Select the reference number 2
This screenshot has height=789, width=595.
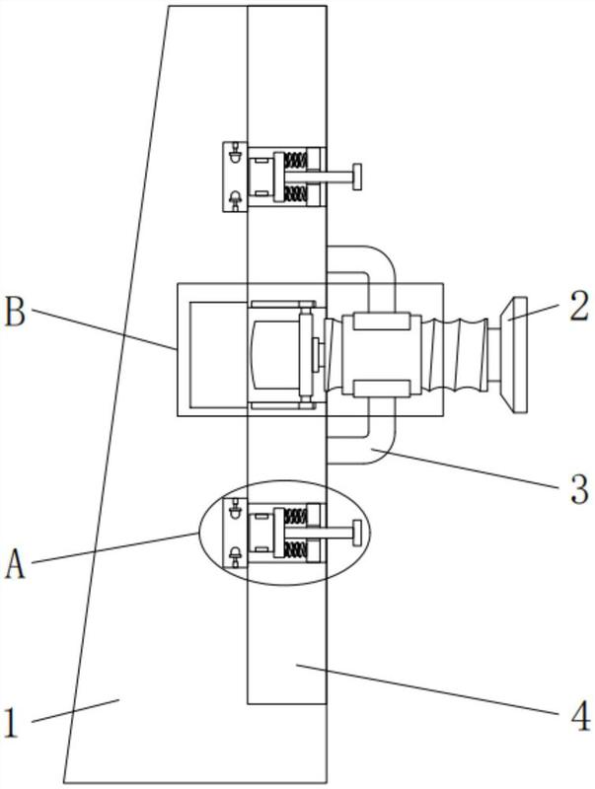579,307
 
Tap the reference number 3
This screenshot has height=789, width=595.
579,487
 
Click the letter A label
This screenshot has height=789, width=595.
15,566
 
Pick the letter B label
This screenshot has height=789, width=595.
14,313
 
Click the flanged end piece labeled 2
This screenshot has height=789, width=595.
515,353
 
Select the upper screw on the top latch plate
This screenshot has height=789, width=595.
235,155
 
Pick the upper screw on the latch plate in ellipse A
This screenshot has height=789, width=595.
235,511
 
